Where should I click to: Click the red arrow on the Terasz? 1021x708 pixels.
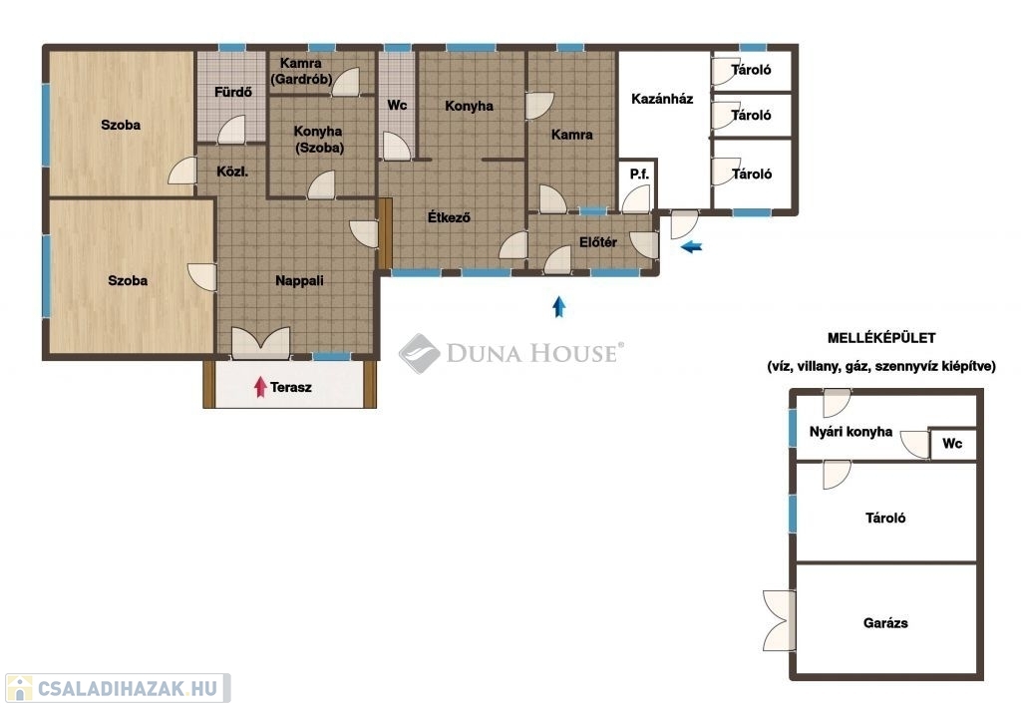coord(260,387)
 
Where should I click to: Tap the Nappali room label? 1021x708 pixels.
coord(299,281)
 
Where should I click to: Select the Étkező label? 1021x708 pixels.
coord(449,217)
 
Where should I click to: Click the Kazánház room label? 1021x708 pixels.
coord(662,99)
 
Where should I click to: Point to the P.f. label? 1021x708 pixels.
coord(639,175)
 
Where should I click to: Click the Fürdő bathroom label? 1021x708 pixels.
coord(233,92)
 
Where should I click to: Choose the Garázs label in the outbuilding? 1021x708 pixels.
coord(885,622)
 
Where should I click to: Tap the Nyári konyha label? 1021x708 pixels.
coord(851,432)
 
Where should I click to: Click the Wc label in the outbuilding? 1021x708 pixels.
coord(952,444)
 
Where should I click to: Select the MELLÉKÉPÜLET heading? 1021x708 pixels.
coord(881,338)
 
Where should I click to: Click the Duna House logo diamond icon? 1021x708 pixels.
coord(420,354)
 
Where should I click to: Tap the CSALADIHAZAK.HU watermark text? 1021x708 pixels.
coord(127,688)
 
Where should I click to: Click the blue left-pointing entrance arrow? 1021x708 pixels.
coord(692,247)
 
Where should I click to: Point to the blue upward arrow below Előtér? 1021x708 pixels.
coord(558,307)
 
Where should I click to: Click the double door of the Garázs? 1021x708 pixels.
coord(779,620)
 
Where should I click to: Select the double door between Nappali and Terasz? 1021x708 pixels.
coord(260,343)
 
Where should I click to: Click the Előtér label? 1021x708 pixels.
coord(598,242)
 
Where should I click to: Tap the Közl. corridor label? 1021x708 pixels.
coord(232,172)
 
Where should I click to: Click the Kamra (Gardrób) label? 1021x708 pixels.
coord(301,71)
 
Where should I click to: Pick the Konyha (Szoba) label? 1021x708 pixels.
coord(318,140)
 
